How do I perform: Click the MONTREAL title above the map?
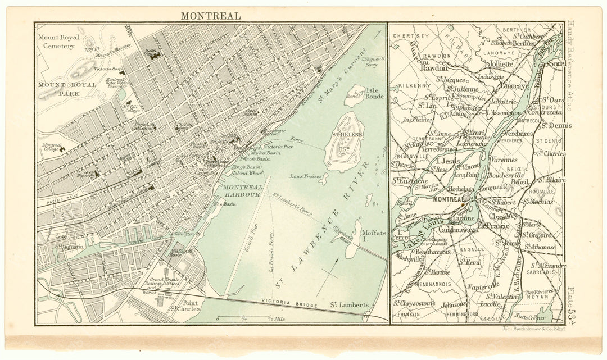pos(210,15)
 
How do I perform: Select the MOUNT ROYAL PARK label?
pos(64,89)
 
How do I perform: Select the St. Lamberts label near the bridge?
pos(349,305)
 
